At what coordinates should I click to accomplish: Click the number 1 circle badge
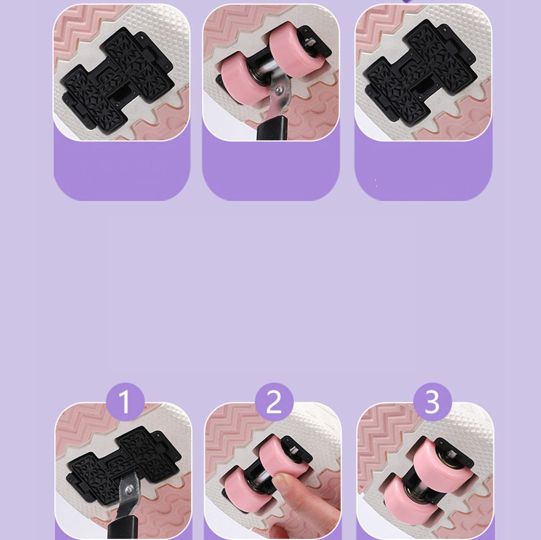pyautogui.click(x=125, y=402)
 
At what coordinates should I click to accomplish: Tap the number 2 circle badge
pyautogui.click(x=274, y=402)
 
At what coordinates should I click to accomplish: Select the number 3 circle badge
pyautogui.click(x=432, y=402)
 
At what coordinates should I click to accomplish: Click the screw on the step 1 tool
pyautogui.click(x=130, y=489)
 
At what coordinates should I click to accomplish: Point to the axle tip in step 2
pyautogui.click(x=294, y=449)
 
